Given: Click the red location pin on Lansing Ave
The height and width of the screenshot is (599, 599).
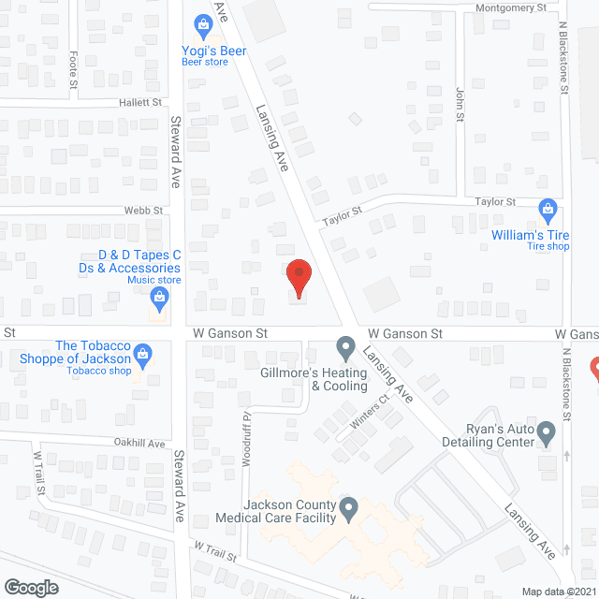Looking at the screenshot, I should click(298, 277).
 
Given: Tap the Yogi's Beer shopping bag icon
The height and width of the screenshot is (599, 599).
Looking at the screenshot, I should click(201, 23).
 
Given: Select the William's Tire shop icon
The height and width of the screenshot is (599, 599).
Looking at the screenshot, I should click(548, 208).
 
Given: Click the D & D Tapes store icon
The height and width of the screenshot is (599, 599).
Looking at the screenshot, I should click(159, 299).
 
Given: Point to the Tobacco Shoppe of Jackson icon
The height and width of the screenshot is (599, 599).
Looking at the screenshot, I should click(142, 354).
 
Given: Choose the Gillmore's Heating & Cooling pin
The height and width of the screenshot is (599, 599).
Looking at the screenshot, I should click(345, 350).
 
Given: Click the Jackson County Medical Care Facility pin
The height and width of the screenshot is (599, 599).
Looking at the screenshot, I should click(349, 509).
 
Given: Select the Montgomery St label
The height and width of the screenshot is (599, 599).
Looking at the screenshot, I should click(510, 7).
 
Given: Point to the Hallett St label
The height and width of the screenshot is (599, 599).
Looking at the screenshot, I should click(140, 102).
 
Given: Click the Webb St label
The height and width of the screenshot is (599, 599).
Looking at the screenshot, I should click(144, 212).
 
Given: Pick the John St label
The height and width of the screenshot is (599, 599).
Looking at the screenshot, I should click(460, 106).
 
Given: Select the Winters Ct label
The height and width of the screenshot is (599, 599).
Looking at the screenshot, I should click(371, 413).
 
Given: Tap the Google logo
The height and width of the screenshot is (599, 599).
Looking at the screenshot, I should click(31, 587).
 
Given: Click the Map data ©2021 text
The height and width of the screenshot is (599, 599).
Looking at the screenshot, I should click(558, 592).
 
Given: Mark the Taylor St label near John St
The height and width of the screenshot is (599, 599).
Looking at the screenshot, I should click(495, 201).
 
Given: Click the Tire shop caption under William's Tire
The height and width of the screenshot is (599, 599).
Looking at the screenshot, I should click(548, 247).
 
